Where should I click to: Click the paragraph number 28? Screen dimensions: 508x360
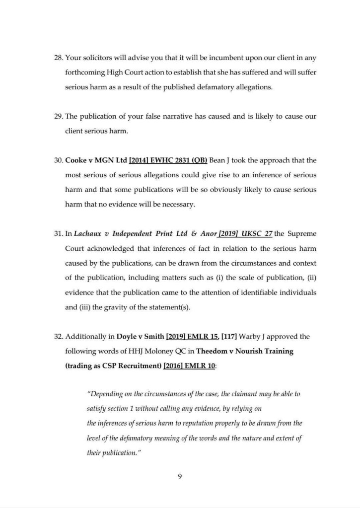[x=57, y=58]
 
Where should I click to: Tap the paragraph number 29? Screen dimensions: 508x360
[x=57, y=117]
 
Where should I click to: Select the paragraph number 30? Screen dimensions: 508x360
[x=57, y=161]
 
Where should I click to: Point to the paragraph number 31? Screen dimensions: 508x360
[x=57, y=234]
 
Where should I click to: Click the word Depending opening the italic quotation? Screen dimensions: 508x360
[x=107, y=380]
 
